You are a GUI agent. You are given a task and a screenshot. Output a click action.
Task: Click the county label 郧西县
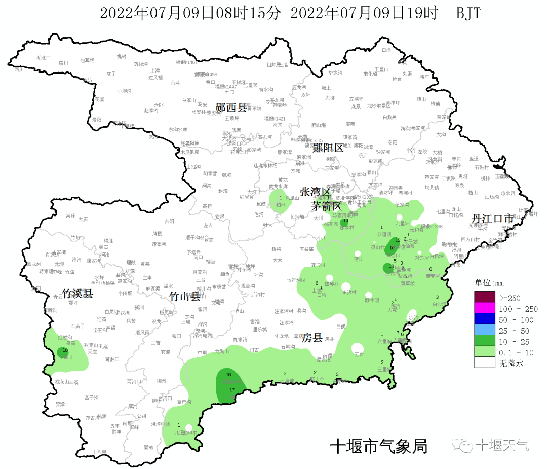230,107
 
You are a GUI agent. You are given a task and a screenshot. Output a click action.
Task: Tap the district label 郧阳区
328,148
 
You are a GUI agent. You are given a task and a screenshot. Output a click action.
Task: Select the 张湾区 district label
315,192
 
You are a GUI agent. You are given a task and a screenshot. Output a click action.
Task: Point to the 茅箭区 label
326,206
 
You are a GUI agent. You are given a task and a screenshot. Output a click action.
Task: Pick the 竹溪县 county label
77,294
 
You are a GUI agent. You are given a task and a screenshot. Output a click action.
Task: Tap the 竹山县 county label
185,296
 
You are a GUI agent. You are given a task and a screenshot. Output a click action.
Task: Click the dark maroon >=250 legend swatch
484,297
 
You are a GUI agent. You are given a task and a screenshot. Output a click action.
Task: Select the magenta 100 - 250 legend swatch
484,308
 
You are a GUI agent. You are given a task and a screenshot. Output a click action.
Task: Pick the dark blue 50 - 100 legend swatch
484,319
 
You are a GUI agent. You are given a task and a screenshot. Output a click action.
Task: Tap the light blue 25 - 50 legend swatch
484,331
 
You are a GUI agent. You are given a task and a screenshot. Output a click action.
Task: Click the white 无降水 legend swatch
484,363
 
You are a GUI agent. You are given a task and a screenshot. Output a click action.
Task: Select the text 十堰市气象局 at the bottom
378,446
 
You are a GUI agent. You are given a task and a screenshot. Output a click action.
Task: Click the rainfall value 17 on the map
232,390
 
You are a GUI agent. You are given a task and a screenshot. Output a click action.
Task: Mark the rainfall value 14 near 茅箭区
345,221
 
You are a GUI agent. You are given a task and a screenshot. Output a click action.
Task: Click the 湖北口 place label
44,58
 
